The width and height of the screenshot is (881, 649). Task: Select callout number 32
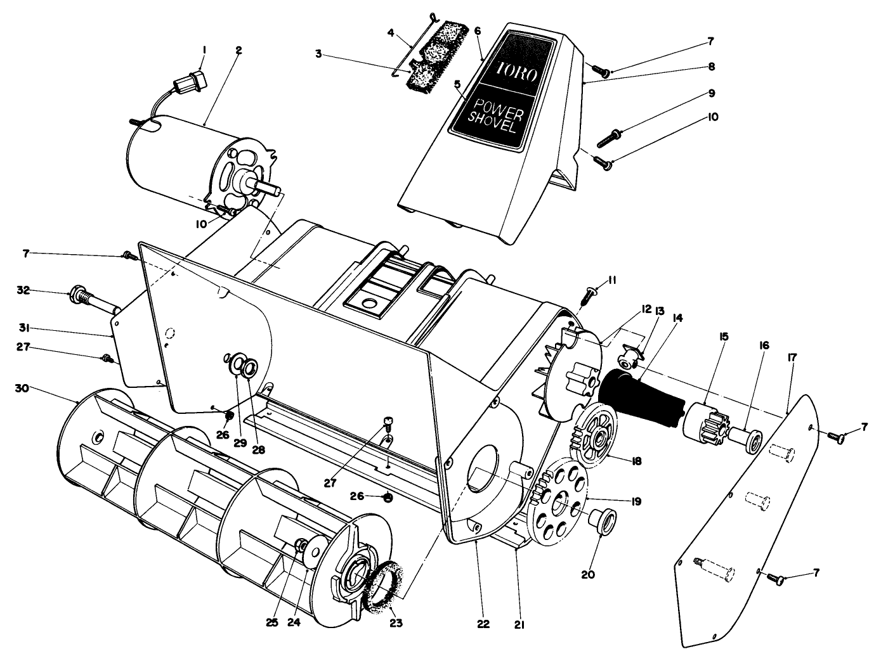tap(23, 291)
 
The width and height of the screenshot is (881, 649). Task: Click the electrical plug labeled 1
tap(191, 84)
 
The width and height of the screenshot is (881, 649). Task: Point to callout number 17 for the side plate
tap(792, 358)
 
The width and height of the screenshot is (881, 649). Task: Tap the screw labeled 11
tap(589, 294)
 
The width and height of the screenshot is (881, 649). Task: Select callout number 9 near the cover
tap(712, 93)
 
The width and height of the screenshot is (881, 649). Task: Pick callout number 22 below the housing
tap(483, 624)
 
